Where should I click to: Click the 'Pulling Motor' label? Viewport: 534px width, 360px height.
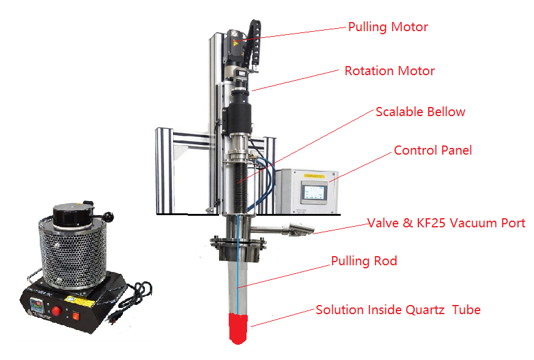coord(388,27)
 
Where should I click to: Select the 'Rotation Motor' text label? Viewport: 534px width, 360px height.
coord(390,71)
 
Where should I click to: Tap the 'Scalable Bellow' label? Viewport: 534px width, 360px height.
coord(420,112)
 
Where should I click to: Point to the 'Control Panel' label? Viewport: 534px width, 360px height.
coord(432,150)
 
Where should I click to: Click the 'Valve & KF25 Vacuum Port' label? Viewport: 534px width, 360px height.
coord(446,223)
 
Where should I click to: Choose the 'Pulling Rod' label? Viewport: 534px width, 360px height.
coord(364,262)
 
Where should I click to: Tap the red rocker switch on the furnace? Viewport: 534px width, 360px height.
coord(76,316)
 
